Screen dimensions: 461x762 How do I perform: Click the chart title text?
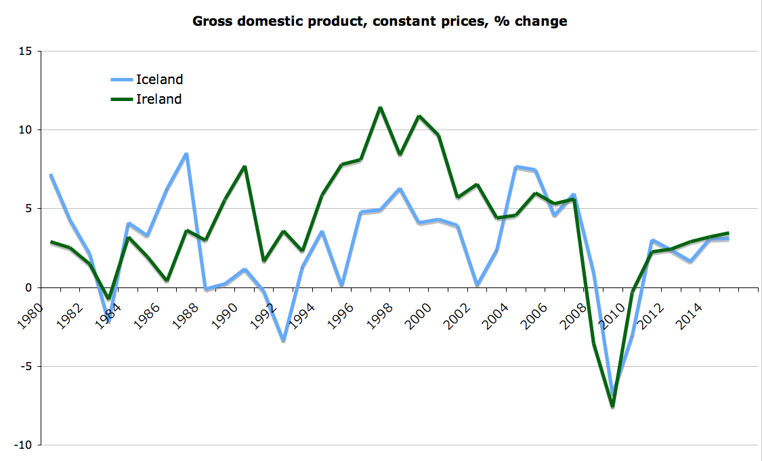[x=380, y=21]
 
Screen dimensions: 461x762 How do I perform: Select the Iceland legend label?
[x=160, y=79]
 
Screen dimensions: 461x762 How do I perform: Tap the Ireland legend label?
[x=159, y=99]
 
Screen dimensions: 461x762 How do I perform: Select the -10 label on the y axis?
[x=24, y=445]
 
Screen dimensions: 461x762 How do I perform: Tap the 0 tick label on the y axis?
[x=30, y=287]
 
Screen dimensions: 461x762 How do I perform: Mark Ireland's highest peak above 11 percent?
[x=380, y=107]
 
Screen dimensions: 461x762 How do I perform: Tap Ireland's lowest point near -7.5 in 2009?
[x=613, y=406]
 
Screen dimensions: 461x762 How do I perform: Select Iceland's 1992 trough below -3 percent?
[x=283, y=341]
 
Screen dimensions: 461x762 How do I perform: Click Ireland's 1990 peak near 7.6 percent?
[x=245, y=167]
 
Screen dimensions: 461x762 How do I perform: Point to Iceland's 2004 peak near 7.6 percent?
[x=516, y=167]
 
